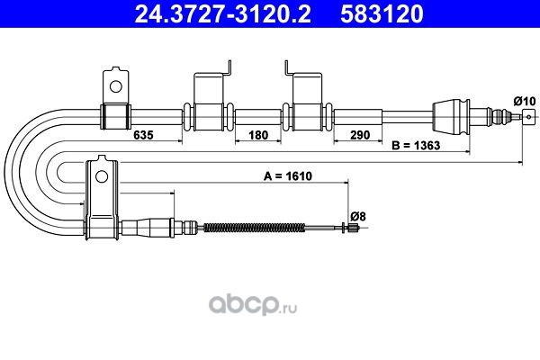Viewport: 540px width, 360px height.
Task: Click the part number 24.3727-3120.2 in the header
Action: click(x=222, y=14)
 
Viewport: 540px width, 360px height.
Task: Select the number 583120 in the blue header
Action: click(x=382, y=14)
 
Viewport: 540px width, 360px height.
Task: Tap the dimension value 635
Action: click(x=143, y=135)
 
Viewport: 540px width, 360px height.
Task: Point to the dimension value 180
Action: click(x=258, y=135)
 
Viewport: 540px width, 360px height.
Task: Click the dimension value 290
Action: click(x=360, y=135)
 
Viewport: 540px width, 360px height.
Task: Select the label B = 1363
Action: click(x=416, y=146)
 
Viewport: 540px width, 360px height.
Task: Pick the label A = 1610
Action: click(x=288, y=176)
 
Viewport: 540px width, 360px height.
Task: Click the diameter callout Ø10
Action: click(x=525, y=102)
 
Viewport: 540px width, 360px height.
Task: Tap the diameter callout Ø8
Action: click(x=358, y=217)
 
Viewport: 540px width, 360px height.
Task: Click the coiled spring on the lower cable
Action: click(x=254, y=228)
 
